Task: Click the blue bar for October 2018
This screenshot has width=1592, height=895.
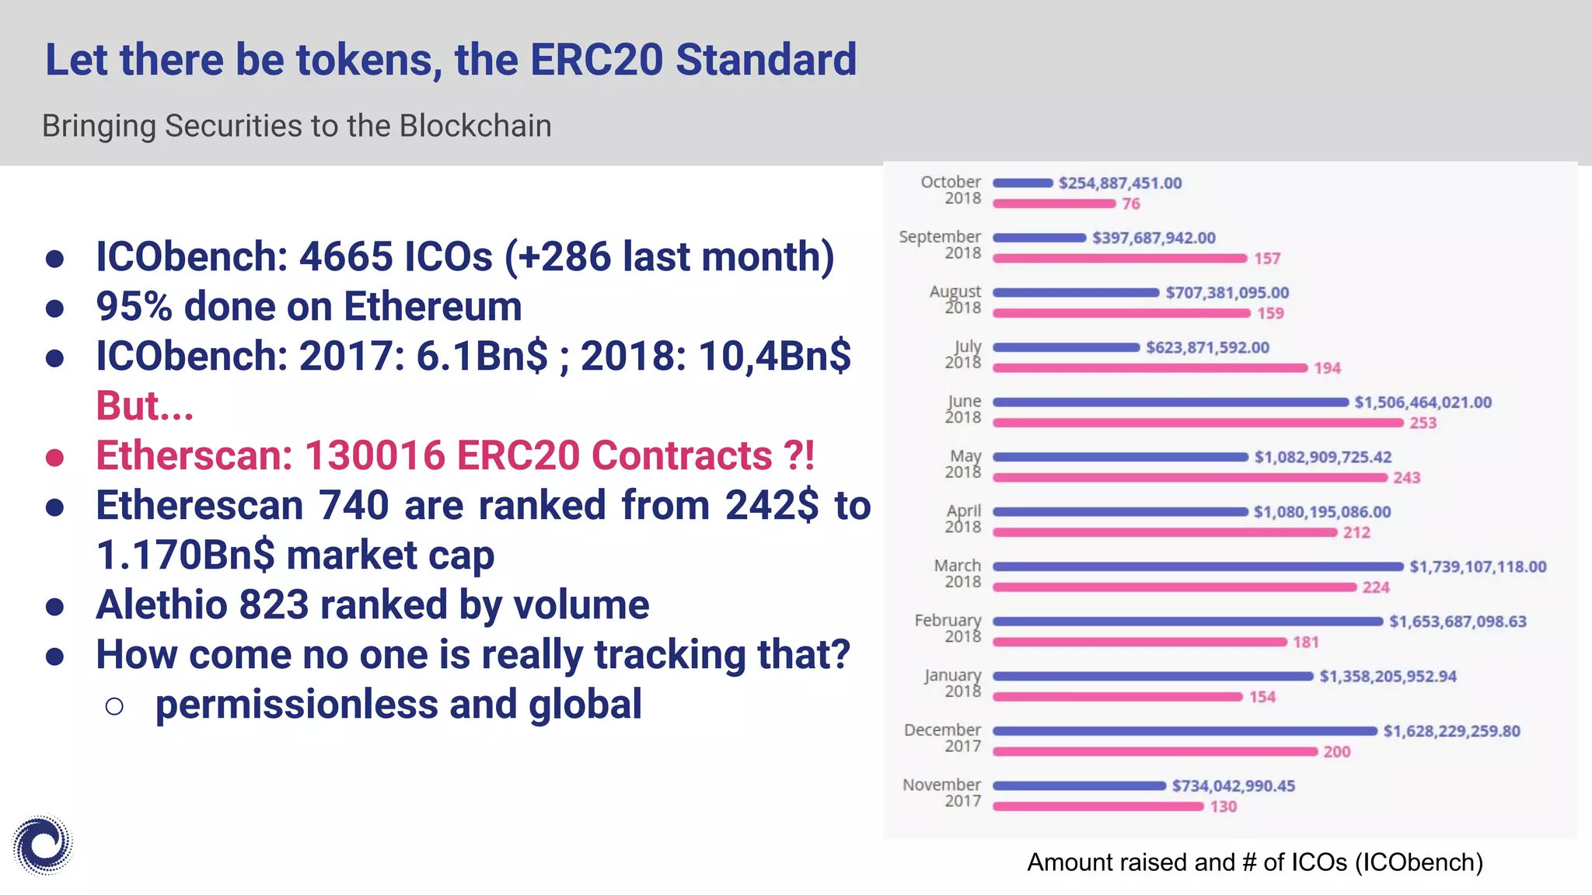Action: [x=1023, y=183]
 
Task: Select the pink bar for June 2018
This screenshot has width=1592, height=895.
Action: [x=1198, y=423]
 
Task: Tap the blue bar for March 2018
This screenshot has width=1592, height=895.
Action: [x=1198, y=566]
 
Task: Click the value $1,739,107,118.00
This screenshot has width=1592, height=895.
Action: [x=1478, y=567]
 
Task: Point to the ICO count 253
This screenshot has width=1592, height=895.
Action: [x=1423, y=423]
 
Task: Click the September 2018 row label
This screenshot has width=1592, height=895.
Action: [x=941, y=244]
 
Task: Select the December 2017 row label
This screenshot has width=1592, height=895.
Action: [x=942, y=737]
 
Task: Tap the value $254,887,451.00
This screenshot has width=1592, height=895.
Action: [x=1119, y=183]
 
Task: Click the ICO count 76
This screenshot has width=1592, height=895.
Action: [x=1130, y=204]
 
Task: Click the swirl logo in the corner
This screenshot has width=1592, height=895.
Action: [x=43, y=845]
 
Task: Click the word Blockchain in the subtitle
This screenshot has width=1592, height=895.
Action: [x=475, y=126]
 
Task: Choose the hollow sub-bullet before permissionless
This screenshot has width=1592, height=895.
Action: [x=114, y=705]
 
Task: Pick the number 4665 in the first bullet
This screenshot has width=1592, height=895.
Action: [x=346, y=256]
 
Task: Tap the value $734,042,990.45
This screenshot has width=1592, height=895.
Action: [x=1233, y=786]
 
